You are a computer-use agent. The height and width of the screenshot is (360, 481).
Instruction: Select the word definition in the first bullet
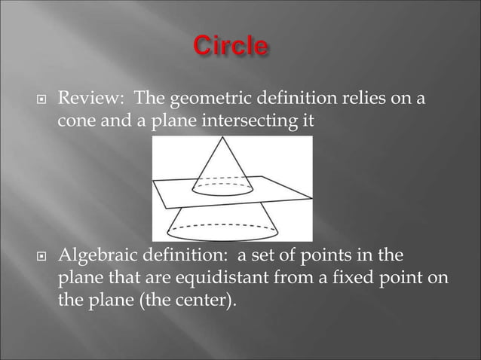[x=272, y=98]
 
